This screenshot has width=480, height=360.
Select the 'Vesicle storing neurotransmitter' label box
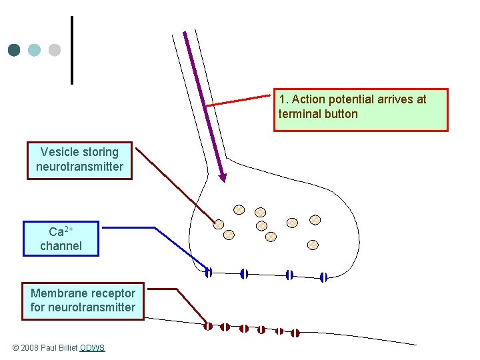79,160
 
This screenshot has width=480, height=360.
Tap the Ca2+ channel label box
61,239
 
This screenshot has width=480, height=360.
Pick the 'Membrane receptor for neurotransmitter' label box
83,301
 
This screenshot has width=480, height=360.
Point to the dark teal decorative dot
14,50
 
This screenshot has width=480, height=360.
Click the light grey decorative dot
55,50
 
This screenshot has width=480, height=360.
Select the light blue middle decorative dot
35,50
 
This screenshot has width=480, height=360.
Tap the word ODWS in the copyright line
92,348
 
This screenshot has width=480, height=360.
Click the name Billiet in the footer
65,348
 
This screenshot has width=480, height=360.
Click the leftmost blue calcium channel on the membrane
209,272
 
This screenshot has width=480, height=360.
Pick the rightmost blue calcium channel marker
324,277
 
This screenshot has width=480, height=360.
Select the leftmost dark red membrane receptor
208,325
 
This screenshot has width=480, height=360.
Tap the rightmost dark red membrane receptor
295,333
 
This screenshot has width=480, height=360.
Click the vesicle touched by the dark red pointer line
218,224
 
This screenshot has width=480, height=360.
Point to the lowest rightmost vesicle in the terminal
313,245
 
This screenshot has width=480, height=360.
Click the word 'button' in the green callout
341,114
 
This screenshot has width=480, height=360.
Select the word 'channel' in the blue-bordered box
61,246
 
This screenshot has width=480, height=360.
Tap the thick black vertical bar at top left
71,50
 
